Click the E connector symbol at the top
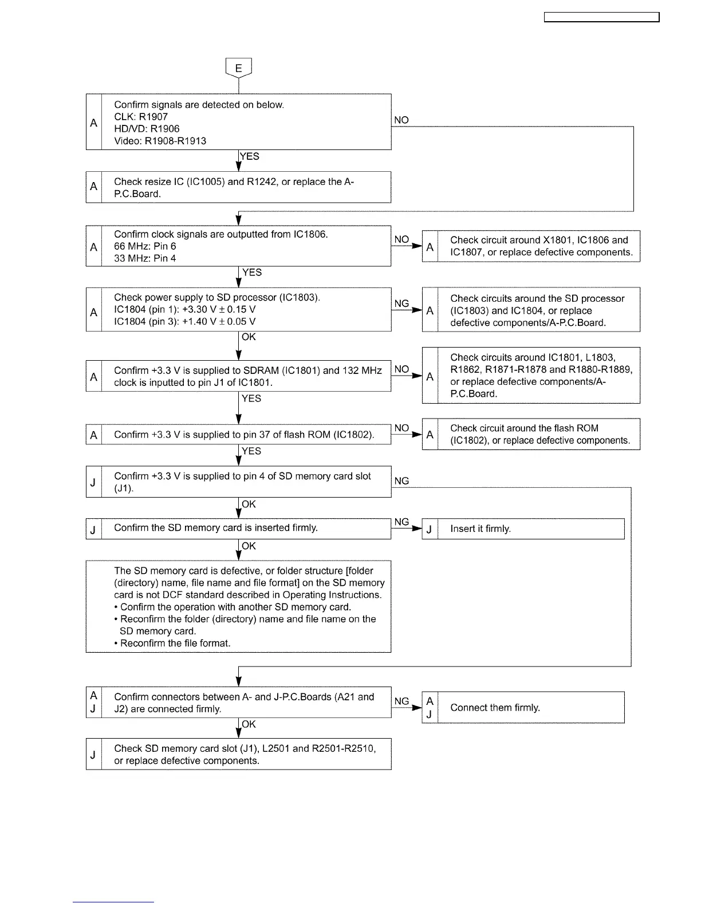(x=239, y=68)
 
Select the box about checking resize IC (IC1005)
(x=238, y=187)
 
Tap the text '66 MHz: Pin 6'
(x=145, y=246)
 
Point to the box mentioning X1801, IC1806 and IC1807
(x=531, y=246)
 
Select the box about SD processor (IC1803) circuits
(x=531, y=310)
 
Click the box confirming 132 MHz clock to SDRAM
(x=238, y=376)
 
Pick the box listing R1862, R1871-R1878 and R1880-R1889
(x=531, y=376)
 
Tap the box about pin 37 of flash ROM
(x=238, y=435)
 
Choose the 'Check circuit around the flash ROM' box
(x=531, y=435)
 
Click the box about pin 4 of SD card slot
(x=238, y=482)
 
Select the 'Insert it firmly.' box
(x=523, y=529)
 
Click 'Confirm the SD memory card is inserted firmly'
(x=215, y=528)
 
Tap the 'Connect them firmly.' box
(x=523, y=708)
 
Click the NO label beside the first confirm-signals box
(x=401, y=120)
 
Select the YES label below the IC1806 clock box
(x=252, y=273)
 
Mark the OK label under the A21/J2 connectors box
(x=249, y=724)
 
